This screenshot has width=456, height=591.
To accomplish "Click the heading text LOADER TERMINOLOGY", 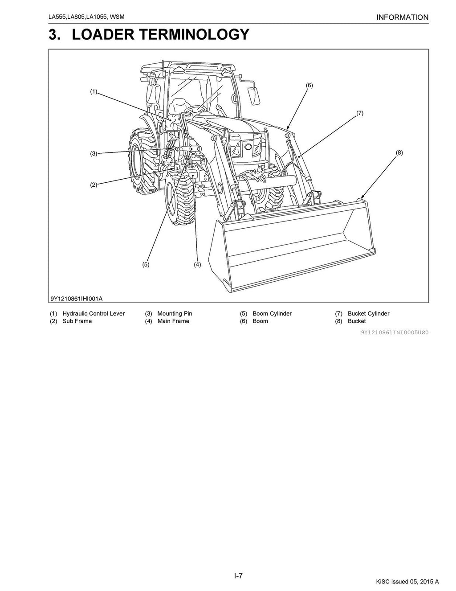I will (160, 34).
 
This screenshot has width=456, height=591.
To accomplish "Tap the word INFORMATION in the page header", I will (402, 18).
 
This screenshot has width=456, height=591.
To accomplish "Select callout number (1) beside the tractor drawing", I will (94, 92).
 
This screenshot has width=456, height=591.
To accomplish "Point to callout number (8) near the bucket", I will (399, 152).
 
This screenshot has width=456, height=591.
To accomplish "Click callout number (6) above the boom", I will (309, 85).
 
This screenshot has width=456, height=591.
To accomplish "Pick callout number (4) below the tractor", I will (197, 264).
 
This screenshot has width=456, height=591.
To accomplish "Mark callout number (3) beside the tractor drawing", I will (94, 154).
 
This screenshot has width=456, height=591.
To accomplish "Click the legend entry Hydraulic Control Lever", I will (94, 314).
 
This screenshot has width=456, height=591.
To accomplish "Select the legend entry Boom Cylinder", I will (272, 314).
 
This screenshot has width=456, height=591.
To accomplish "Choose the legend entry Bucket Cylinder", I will (368, 314).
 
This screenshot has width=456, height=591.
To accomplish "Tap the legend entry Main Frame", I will (173, 321).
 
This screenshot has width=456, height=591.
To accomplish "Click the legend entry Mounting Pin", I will (175, 314).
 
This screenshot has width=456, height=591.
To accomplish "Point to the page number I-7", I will (238, 576).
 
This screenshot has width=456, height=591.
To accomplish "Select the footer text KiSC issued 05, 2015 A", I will (407, 581).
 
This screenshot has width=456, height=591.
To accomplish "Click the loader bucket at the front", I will (294, 250).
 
